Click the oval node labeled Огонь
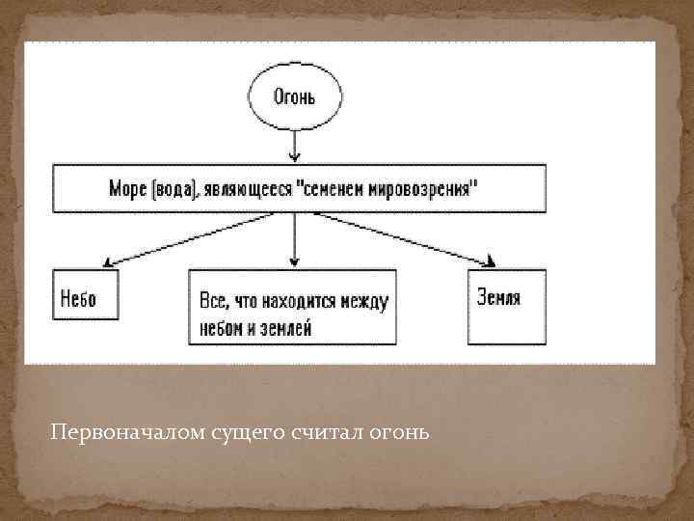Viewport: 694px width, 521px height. click(x=295, y=97)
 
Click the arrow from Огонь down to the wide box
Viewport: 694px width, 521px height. click(x=295, y=144)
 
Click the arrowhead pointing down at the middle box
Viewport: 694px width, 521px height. click(x=295, y=261)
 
